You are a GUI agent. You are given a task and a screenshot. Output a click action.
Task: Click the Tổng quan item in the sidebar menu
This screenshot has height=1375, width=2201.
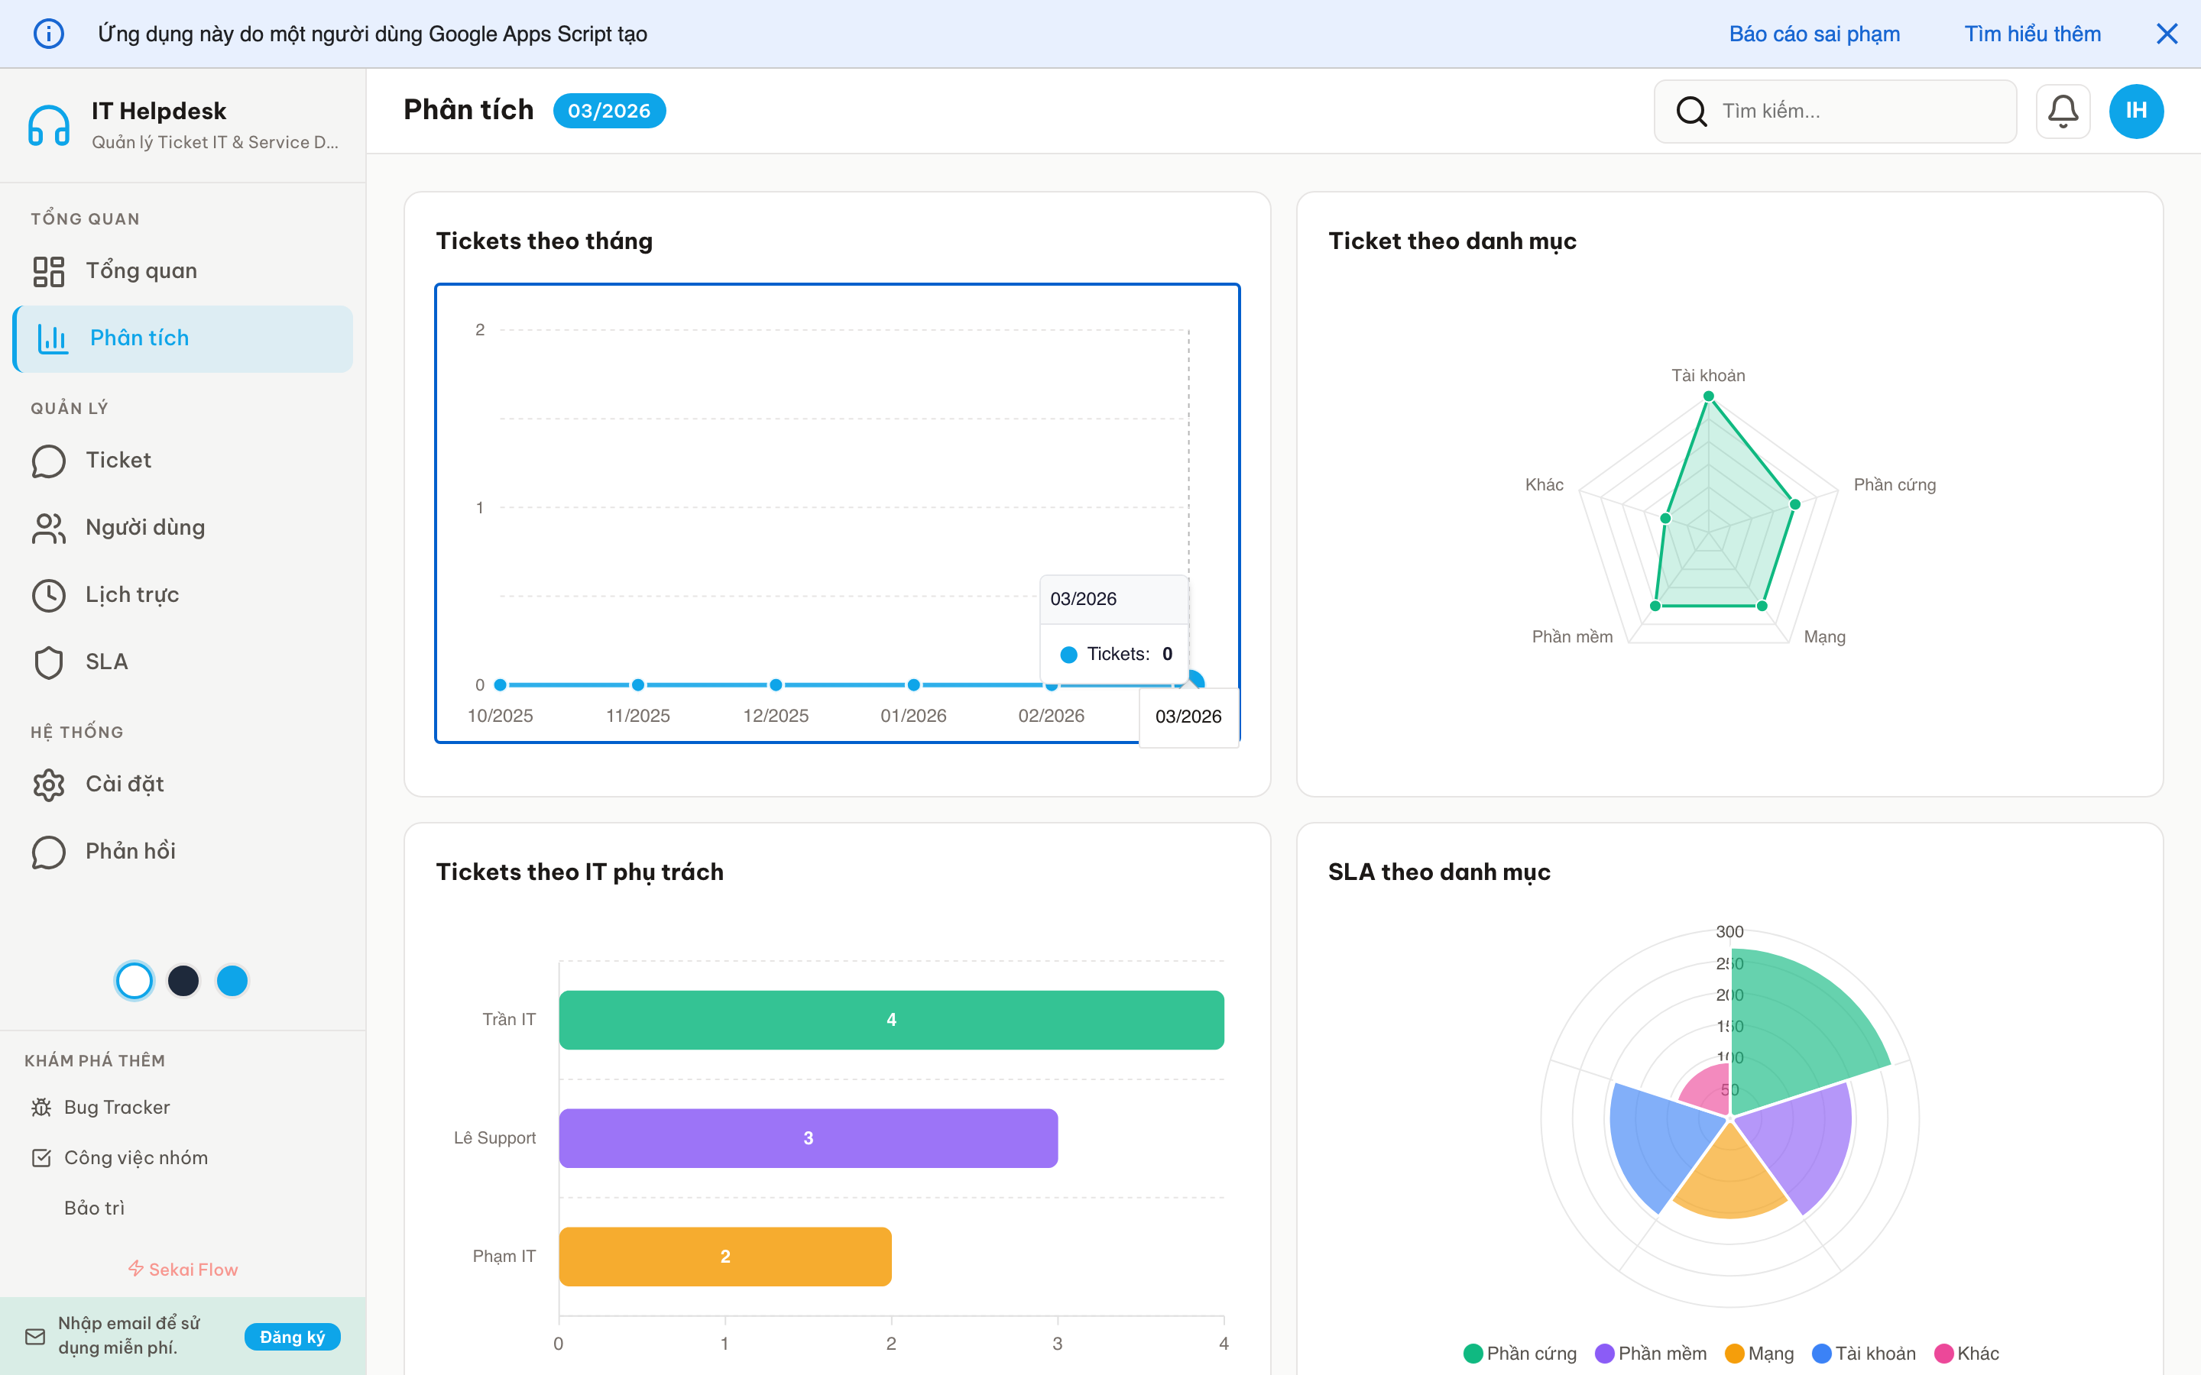pyautogui.click(x=140, y=271)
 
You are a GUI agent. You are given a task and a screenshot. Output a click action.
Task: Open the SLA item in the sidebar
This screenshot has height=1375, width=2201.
pyautogui.click(x=105, y=662)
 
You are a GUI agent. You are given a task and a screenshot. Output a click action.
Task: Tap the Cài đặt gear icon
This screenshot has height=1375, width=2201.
pyautogui.click(x=49, y=785)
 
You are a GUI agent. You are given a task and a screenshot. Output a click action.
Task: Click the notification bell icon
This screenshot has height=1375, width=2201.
pyautogui.click(x=2062, y=111)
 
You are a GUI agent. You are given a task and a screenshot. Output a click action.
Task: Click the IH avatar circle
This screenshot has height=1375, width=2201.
pyautogui.click(x=2135, y=111)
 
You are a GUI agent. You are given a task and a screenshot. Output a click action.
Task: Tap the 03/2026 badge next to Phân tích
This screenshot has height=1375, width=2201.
pyautogui.click(x=608, y=111)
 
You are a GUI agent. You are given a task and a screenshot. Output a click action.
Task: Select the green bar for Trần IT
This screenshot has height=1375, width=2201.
pyautogui.click(x=890, y=1020)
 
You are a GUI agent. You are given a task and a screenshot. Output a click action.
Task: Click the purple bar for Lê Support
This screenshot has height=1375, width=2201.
pyautogui.click(x=808, y=1137)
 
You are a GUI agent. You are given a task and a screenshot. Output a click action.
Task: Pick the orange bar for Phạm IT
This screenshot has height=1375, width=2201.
pyautogui.click(x=724, y=1256)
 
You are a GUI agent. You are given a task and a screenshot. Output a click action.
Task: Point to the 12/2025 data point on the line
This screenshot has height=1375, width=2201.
pyautogui.click(x=776, y=684)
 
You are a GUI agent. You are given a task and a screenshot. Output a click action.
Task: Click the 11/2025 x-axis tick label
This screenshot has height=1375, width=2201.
pyautogui.click(x=637, y=716)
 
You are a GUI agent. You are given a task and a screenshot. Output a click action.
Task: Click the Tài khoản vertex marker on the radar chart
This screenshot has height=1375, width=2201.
pyautogui.click(x=1709, y=396)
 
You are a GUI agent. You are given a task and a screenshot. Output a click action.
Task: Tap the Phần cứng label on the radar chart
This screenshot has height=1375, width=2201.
pyautogui.click(x=1895, y=485)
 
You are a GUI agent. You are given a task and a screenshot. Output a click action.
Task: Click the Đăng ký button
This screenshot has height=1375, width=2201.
pyautogui.click(x=292, y=1337)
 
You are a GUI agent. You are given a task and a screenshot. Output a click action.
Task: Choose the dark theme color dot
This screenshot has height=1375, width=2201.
pyautogui.click(x=183, y=980)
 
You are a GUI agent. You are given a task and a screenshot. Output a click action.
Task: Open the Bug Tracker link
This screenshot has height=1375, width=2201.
pyautogui.click(x=116, y=1107)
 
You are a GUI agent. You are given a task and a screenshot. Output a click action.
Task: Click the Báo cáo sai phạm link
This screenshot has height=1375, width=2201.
pyautogui.click(x=1814, y=34)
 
